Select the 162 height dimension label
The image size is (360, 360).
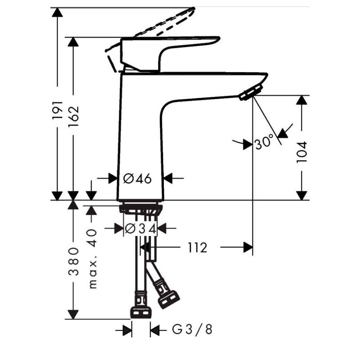pyautogui.click(x=73, y=116)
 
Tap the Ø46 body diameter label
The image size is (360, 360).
pyautogui.click(x=137, y=179)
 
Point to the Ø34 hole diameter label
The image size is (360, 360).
pyautogui.click(x=140, y=229)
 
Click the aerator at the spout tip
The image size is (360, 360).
pyautogui.click(x=251, y=92)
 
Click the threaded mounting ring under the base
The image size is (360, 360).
pyautogui.click(x=140, y=209)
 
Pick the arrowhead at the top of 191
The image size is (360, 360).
pyautogui.click(x=57, y=12)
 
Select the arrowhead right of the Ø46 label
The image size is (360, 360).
pyautogui.click(x=168, y=179)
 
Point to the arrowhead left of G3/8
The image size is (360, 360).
pyautogui.click(x=127, y=331)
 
